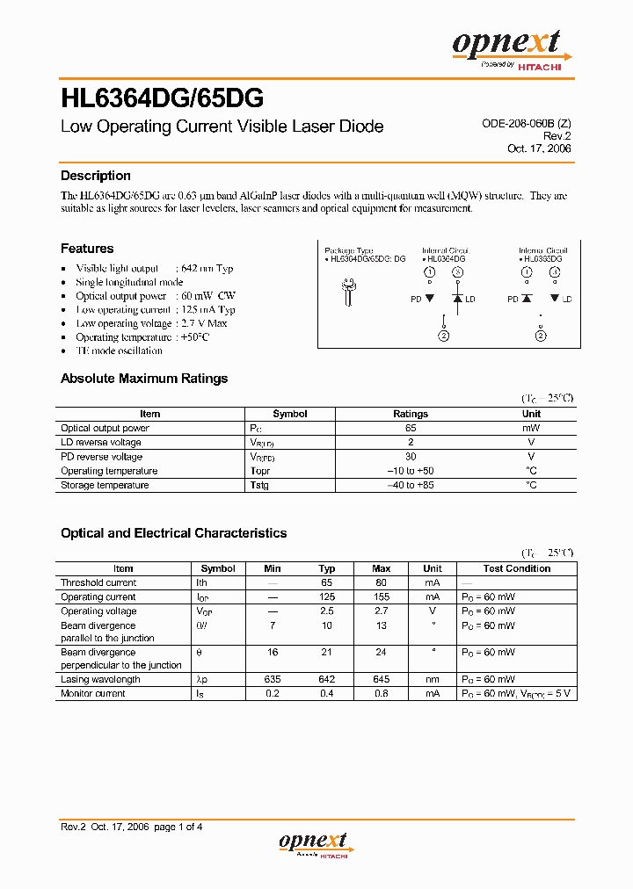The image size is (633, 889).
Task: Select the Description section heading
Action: pyautogui.click(x=96, y=176)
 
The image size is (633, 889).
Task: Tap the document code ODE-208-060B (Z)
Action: pyautogui.click(x=526, y=125)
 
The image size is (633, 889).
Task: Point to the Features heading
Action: pyautogui.click(x=87, y=249)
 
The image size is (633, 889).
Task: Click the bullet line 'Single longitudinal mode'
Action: pyautogui.click(x=129, y=282)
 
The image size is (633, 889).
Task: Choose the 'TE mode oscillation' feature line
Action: pyautogui.click(x=119, y=351)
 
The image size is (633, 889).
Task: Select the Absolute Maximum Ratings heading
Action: pyautogui.click(x=144, y=379)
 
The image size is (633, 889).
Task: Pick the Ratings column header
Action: pyautogui.click(x=411, y=414)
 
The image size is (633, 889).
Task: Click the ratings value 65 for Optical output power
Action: pyautogui.click(x=411, y=428)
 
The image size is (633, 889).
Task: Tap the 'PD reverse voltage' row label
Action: pyautogui.click(x=101, y=457)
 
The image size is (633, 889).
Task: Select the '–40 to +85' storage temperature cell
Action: pyautogui.click(x=411, y=485)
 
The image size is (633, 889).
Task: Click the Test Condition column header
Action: pyautogui.click(x=517, y=568)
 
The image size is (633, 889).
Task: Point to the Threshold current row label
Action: pyautogui.click(x=98, y=582)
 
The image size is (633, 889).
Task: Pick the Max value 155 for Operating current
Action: pyautogui.click(x=382, y=597)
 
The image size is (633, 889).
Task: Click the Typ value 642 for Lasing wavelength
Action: pyautogui.click(x=327, y=680)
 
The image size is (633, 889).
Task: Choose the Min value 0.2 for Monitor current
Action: pyautogui.click(x=273, y=694)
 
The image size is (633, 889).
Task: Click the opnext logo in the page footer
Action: pyautogui.click(x=316, y=843)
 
